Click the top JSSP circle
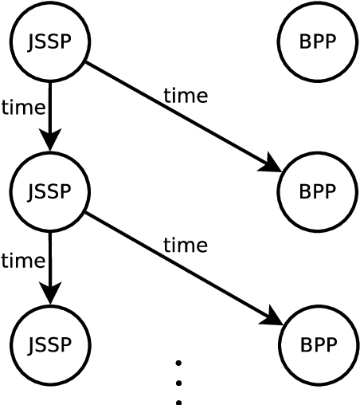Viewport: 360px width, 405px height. [49, 41]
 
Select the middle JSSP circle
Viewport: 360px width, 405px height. [49, 191]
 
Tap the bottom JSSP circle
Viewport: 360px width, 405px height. [49, 344]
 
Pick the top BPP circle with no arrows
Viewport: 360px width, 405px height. [317, 41]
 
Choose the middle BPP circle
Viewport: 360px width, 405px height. [317, 191]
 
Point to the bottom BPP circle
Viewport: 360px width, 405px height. [318, 344]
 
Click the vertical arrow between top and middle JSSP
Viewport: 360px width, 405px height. [49, 112]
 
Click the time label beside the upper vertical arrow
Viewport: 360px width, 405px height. [22, 108]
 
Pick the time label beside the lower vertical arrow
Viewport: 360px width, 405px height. [22, 261]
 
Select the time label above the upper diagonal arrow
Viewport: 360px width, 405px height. [185, 96]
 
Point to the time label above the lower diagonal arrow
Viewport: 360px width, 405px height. [185, 246]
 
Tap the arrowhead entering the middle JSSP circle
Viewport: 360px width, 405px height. [49, 142]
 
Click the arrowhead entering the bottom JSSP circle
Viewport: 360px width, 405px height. [49, 295]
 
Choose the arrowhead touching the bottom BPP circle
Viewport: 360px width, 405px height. [272, 319]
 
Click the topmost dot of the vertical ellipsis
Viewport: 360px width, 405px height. [178, 364]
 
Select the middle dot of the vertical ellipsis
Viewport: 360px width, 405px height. [178, 383]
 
